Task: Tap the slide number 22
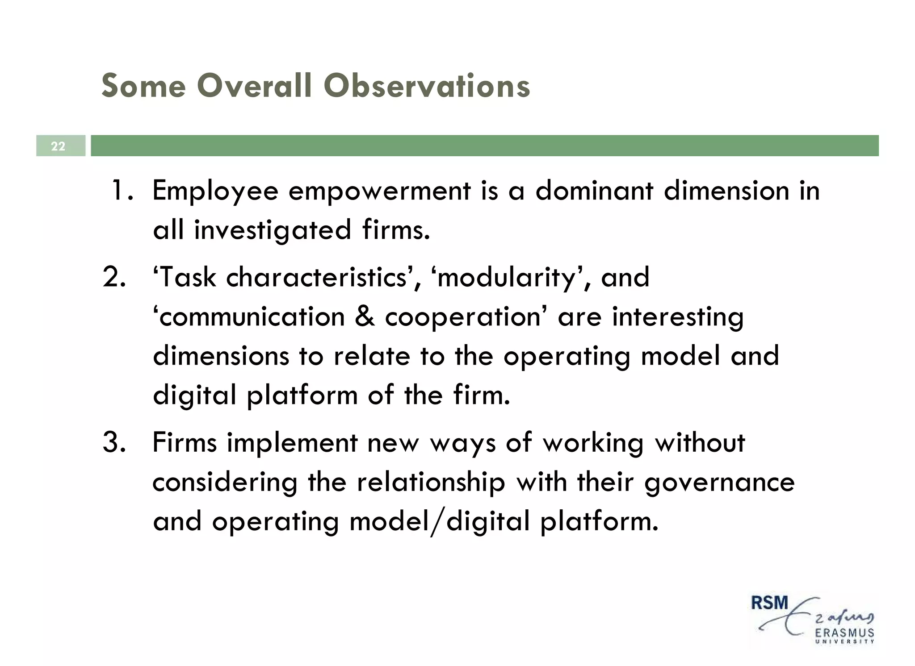(x=58, y=146)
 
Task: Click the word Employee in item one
(x=215, y=191)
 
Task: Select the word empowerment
(x=379, y=191)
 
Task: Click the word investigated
(x=273, y=230)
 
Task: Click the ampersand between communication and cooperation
(x=365, y=316)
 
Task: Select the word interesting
(x=678, y=317)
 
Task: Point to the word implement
(x=292, y=443)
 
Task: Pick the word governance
(x=719, y=483)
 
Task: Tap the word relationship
(x=431, y=483)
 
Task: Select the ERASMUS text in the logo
(x=844, y=633)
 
